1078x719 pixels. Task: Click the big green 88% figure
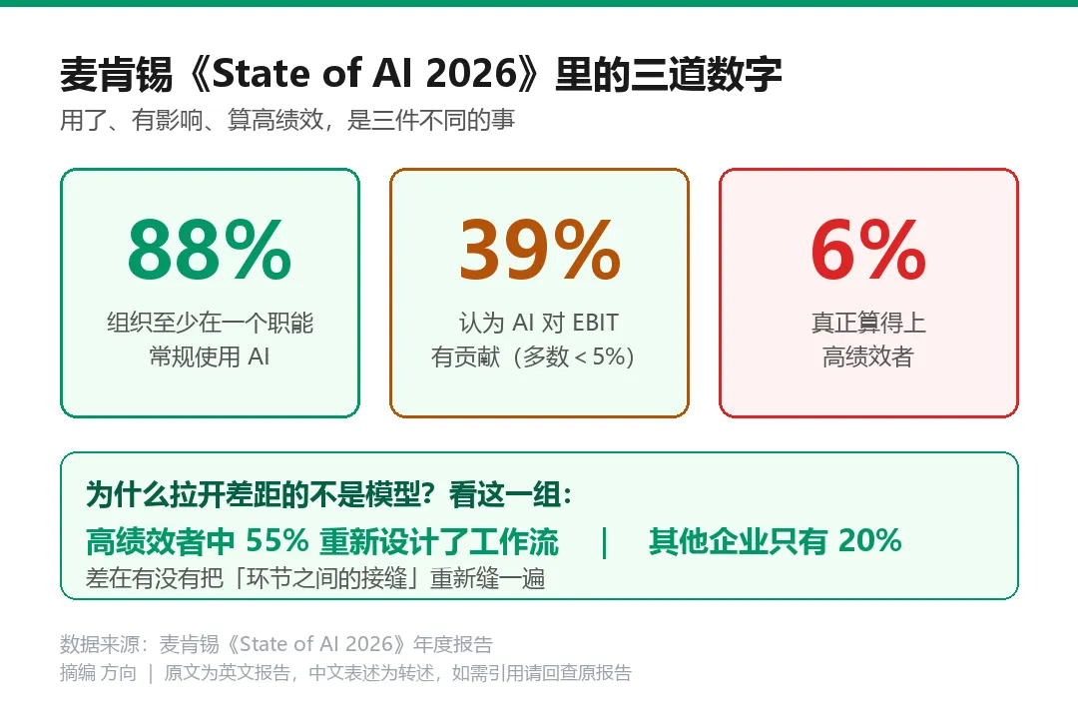click(210, 249)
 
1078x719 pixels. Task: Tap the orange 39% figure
click(540, 249)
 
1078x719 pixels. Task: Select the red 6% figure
click(868, 249)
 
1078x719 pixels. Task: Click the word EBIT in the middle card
click(595, 323)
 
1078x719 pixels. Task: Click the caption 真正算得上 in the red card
click(868, 323)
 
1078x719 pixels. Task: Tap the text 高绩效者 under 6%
click(868, 357)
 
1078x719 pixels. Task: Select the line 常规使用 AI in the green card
click(210, 357)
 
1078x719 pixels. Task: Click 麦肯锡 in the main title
click(116, 74)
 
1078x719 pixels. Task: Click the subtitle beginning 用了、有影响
click(287, 120)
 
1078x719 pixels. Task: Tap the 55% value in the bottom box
click(277, 541)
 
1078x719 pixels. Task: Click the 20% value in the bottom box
click(869, 541)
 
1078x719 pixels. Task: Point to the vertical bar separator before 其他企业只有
click(604, 542)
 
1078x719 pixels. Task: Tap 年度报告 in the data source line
click(453, 644)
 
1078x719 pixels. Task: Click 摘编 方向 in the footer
click(98, 672)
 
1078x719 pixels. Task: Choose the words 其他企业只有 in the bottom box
click(738, 541)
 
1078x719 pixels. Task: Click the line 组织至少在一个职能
click(210, 323)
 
